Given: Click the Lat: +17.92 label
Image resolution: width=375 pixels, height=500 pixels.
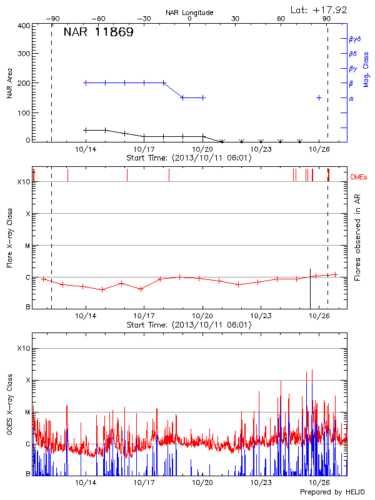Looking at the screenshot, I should [x=319, y=9].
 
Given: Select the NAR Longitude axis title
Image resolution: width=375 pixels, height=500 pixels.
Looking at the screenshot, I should [x=189, y=12].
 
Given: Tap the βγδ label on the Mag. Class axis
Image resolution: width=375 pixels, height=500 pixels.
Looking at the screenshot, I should [x=354, y=39].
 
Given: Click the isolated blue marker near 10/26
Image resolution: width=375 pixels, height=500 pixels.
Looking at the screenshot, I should [x=319, y=98].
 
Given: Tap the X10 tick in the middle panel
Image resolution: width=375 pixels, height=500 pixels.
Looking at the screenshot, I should [x=23, y=182].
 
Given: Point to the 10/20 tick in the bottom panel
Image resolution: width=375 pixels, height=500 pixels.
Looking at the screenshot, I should [x=202, y=482].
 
